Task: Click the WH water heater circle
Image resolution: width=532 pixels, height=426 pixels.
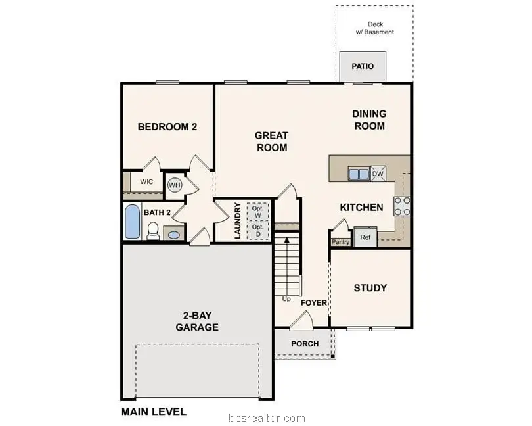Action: [x=174, y=185]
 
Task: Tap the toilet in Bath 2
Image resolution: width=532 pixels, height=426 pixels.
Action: [x=154, y=230]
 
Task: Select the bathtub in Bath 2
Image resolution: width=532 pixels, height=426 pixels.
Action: [x=132, y=222]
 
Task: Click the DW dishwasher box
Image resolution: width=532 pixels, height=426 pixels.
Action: [x=379, y=174]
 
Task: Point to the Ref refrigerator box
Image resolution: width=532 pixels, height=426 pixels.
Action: [x=365, y=237]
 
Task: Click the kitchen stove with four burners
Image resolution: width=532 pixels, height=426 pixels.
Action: [x=402, y=206]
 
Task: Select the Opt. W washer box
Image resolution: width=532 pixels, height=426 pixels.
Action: [x=257, y=212]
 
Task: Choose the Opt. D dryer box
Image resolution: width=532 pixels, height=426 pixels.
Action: [x=257, y=231]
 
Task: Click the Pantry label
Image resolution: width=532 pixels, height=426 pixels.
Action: [x=340, y=242]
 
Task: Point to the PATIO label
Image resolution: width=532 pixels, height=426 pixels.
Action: [x=363, y=66]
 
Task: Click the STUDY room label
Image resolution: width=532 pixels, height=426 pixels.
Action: [x=370, y=288]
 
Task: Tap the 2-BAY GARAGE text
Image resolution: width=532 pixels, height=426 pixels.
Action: [x=197, y=321]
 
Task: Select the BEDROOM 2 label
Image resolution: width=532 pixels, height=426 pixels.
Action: [x=167, y=127]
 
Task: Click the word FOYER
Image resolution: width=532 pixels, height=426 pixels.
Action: [x=314, y=303]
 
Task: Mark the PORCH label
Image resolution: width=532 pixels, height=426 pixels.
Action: [x=304, y=344]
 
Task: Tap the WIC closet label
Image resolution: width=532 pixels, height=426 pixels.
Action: [x=146, y=181]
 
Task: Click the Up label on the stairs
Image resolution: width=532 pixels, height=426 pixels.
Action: [x=286, y=299]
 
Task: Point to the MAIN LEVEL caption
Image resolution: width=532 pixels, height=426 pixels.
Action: [x=154, y=412]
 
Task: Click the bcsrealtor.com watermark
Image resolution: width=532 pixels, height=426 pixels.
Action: [x=266, y=418]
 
